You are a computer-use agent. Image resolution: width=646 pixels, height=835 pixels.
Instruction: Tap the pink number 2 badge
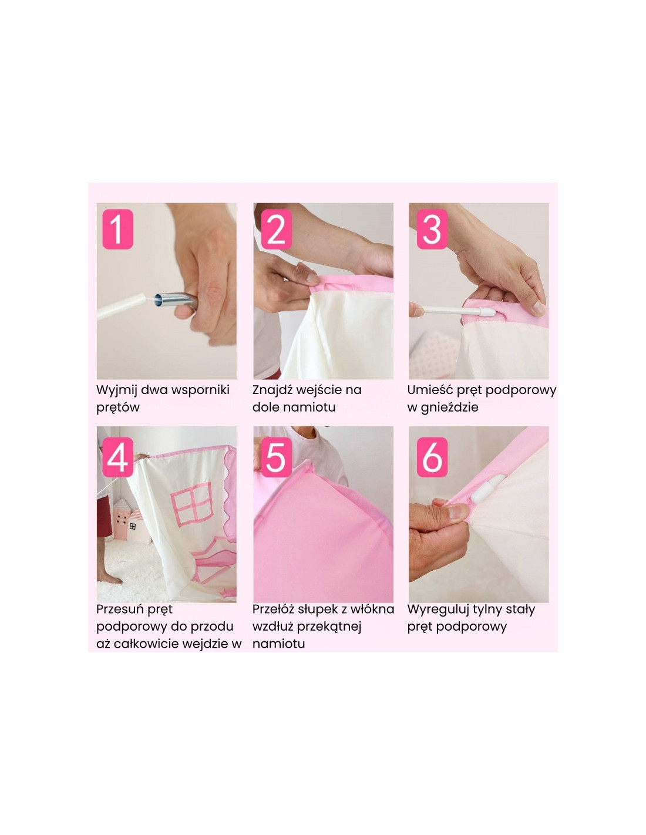(x=276, y=229)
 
